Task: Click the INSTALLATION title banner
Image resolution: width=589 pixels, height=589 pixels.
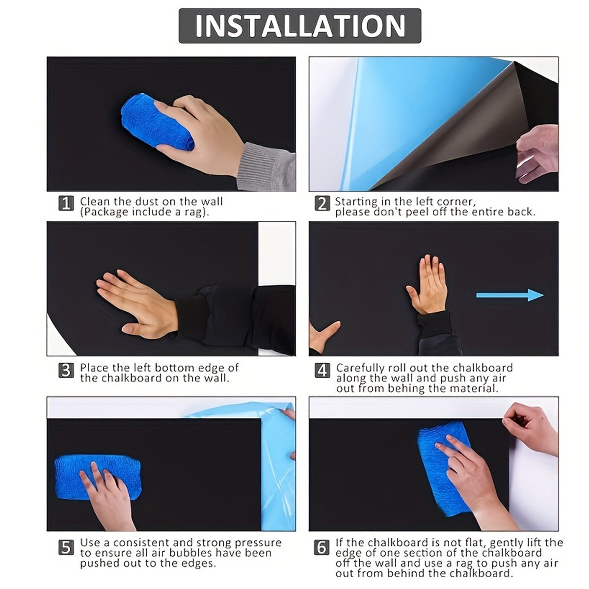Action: click(x=299, y=26)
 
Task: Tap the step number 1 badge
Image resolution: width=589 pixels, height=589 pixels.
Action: click(x=66, y=203)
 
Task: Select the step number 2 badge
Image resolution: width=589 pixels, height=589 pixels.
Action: click(x=322, y=203)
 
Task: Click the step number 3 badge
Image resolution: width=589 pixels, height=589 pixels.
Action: click(x=66, y=370)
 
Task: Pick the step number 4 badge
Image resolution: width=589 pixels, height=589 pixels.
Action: click(x=322, y=370)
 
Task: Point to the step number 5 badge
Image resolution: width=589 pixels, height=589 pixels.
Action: click(x=66, y=547)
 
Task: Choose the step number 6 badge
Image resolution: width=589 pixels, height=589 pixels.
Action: click(x=322, y=547)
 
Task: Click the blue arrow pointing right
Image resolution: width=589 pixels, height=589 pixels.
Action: click(x=510, y=295)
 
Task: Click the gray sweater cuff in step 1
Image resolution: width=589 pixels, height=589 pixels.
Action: click(x=267, y=167)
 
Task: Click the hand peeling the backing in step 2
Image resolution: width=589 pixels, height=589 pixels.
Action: click(x=537, y=154)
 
